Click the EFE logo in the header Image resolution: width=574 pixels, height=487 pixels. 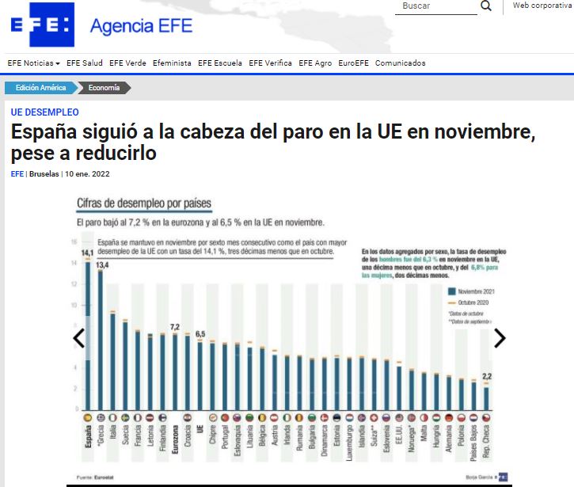[x=42, y=25]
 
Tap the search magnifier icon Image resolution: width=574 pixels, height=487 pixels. [x=486, y=6]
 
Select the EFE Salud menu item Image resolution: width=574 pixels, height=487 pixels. [x=85, y=63]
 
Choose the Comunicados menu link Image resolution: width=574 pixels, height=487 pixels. [x=400, y=63]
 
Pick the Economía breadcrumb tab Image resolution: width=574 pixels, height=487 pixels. [x=104, y=88]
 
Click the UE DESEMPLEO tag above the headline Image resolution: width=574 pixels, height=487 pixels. [x=44, y=112]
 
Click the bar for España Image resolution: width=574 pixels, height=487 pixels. [x=87, y=333]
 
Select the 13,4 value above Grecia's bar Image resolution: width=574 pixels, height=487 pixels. [x=102, y=264]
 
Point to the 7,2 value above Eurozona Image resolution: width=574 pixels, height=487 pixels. [x=175, y=326]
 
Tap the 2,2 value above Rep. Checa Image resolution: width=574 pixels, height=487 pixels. [x=486, y=375]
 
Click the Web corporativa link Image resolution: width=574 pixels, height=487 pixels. [x=542, y=6]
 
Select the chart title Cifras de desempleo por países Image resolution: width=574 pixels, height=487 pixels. [x=143, y=204]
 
